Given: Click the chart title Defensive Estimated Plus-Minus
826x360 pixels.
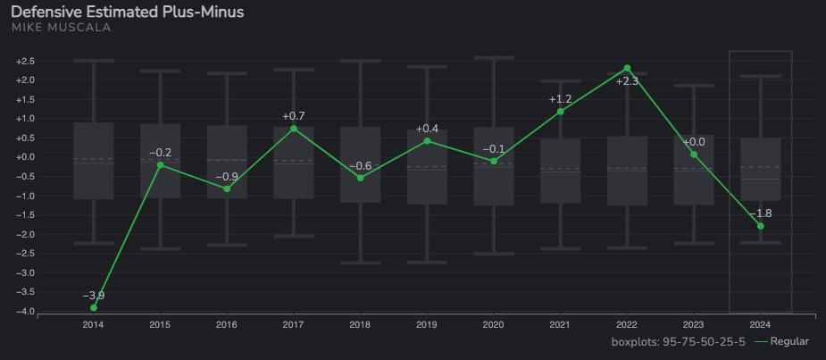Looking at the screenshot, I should tap(127, 12).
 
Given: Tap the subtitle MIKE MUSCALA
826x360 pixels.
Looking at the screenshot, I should tap(62, 28).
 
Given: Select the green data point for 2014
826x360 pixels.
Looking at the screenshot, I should tap(94, 307).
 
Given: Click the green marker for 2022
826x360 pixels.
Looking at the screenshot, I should tap(627, 68).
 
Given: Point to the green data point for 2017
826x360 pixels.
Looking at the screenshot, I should tap(294, 129).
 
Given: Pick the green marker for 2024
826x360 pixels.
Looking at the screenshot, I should tap(761, 226).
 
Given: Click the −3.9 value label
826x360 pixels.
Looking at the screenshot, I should tap(93, 296).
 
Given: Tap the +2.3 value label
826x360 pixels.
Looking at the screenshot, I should tap(627, 81).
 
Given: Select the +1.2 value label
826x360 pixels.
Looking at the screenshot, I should tap(560, 98).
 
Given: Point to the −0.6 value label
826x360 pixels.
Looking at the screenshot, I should tap(360, 166).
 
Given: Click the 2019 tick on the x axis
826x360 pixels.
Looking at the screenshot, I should tap(427, 323).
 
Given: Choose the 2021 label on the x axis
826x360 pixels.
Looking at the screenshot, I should tap(560, 323).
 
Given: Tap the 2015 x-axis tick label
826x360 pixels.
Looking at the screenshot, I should tap(160, 323).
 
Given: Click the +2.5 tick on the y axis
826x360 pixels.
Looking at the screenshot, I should tap(25, 61).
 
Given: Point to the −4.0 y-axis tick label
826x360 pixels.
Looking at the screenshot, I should tap(25, 311).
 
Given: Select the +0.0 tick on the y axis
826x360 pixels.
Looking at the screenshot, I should tap(25, 156).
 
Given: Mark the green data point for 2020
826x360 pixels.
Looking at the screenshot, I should tap(494, 161).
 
